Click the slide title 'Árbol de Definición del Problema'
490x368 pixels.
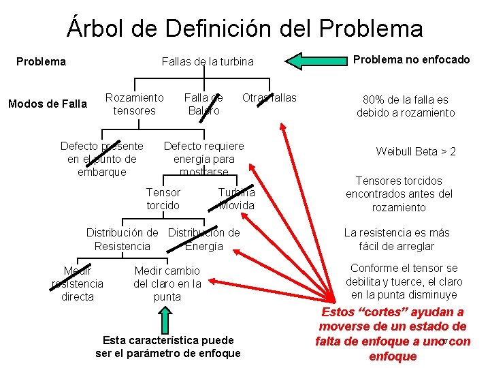[x=245, y=29]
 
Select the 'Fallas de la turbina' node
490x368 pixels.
[x=208, y=62]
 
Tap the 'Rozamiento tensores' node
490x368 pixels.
[x=135, y=104]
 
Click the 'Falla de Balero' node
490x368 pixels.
[x=203, y=104]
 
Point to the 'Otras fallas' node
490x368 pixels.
[x=269, y=98]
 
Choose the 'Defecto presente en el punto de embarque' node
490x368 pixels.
[x=102, y=159]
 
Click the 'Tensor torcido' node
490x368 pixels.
[x=163, y=199]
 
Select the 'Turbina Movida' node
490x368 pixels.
[x=236, y=199]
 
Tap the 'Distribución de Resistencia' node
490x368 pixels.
[x=122, y=239]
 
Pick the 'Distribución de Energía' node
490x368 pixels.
[x=204, y=239]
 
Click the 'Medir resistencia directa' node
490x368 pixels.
[x=78, y=283]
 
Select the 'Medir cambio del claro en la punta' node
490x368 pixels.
[x=167, y=283]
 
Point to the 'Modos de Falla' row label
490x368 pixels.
[x=48, y=104]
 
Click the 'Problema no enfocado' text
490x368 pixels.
[x=411, y=60]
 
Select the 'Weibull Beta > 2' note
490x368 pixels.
[x=416, y=151]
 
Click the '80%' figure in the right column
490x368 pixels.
[x=374, y=99]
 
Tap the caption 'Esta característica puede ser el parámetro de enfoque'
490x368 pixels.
[x=168, y=346]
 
